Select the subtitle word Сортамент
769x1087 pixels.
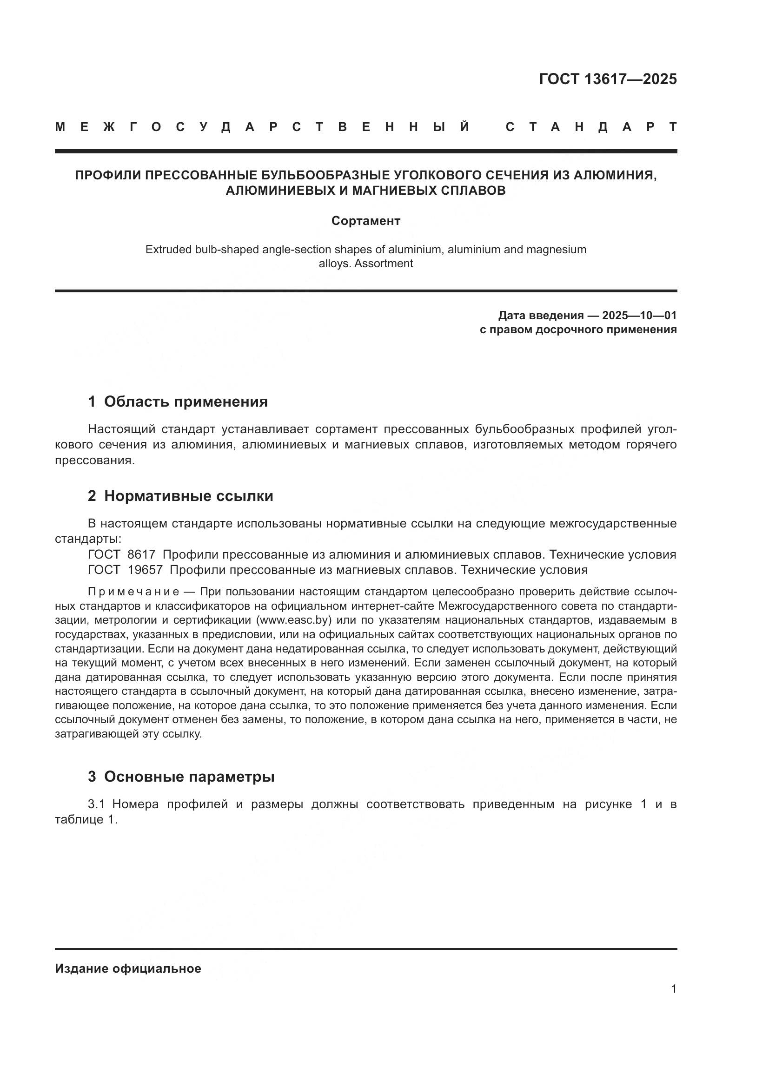pos(365,221)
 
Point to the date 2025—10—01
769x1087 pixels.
pos(639,315)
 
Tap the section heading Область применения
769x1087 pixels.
pos(186,402)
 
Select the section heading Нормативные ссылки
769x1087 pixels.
pos(188,496)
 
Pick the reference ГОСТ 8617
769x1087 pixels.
pos(122,554)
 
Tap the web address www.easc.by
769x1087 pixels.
pos(293,620)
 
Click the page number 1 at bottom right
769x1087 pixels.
pos(673,989)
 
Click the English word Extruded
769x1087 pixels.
pos(168,250)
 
